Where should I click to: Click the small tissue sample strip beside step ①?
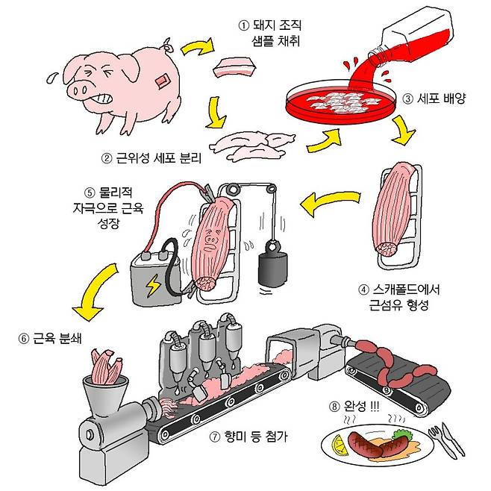pyautogui.click(x=235, y=70)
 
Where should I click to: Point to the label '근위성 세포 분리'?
pyautogui.click(x=155, y=158)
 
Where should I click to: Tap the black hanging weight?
pyautogui.click(x=270, y=270)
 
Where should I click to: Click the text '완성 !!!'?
pyautogui.click(x=357, y=407)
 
